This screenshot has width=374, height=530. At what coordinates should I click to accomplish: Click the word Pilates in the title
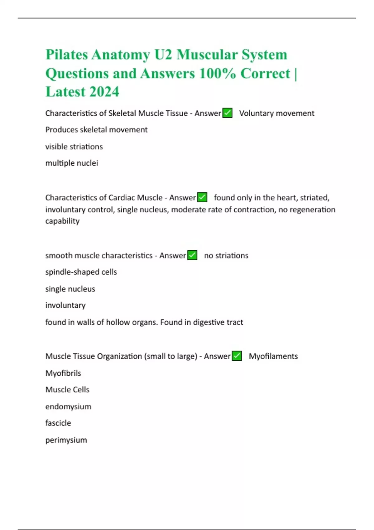pos(67,55)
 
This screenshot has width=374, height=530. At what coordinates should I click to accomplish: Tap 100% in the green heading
pos(217,74)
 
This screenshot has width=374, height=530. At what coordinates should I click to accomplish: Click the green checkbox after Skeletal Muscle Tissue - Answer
pos(228,113)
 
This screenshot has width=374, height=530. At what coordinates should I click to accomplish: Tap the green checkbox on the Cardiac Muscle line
pos(202,197)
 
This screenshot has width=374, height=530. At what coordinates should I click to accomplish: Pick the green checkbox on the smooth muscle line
pos(192,255)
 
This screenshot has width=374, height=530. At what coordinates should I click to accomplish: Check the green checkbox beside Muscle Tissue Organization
pos(237,356)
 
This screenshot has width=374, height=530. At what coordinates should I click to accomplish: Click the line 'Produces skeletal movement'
pos(96,130)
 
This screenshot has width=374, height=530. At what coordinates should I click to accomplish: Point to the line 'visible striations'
pos(74,147)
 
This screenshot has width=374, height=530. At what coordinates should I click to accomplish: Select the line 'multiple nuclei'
pos(72,163)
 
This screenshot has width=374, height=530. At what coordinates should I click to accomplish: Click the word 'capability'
pos(62,221)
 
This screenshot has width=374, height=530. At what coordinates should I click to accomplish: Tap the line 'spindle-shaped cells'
pos(81,272)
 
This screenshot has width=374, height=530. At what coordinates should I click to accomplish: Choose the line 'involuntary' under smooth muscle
pos(65,305)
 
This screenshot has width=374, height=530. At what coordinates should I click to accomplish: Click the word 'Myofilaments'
pos(273,356)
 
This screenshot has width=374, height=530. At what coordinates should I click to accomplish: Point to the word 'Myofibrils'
pos(63,373)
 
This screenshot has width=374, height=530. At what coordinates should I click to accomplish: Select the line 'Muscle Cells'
pos(67,390)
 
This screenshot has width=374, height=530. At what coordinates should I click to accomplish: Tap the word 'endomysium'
pos(68,407)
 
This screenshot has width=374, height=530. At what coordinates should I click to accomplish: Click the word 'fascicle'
pos(58,423)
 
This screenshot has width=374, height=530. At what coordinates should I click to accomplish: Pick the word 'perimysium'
pos(66,440)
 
